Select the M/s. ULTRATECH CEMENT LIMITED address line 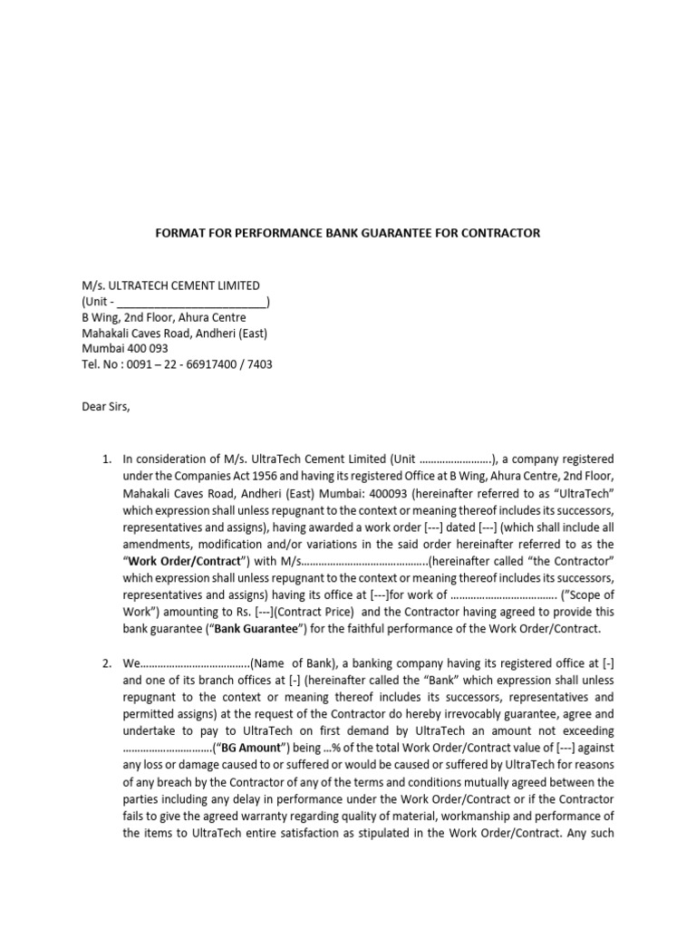coord(170,285)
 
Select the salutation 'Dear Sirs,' coord(106,406)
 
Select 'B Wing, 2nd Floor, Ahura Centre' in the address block coord(163,317)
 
